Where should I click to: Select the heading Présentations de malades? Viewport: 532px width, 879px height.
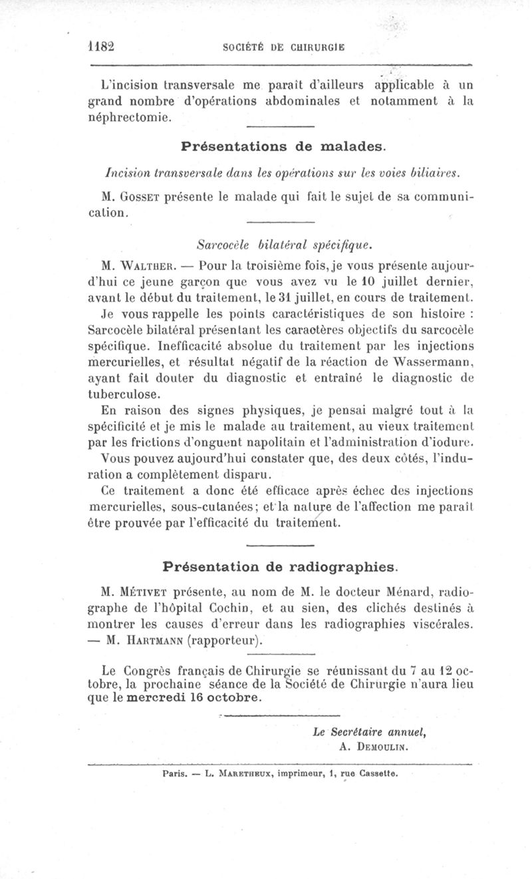click(283, 146)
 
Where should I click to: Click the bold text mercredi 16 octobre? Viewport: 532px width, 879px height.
click(193, 699)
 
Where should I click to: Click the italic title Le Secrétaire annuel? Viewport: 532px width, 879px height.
click(368, 731)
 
